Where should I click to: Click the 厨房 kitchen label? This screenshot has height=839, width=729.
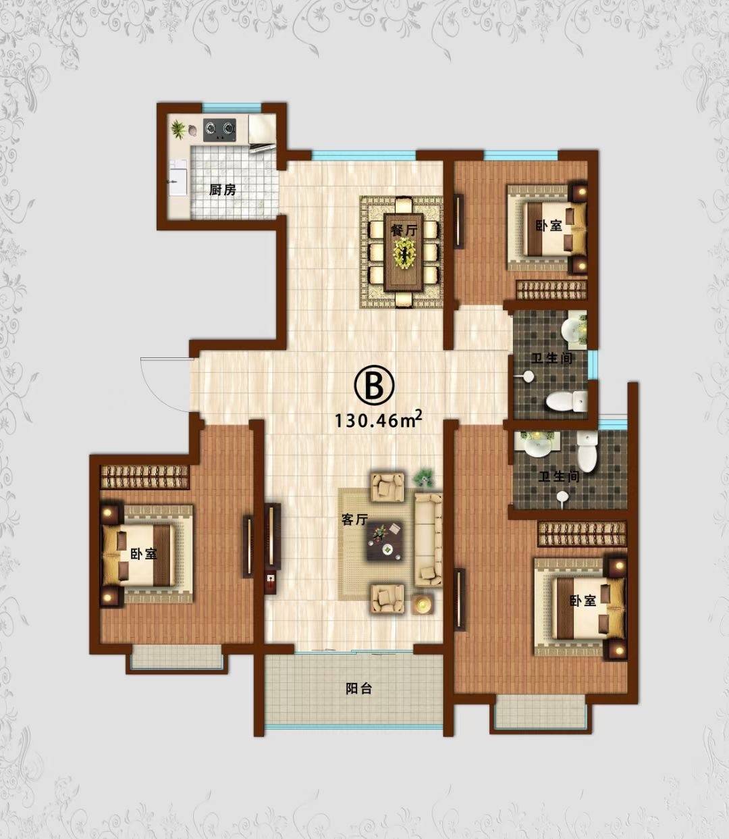coord(223,190)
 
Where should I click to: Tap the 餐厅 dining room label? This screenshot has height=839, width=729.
coord(404,230)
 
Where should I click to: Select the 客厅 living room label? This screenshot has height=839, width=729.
coord(355,519)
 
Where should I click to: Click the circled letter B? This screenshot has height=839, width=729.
coord(374,385)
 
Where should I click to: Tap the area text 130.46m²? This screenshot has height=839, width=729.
coord(378,420)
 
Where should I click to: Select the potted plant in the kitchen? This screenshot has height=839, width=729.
coord(178,129)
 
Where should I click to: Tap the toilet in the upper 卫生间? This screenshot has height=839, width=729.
coord(566,400)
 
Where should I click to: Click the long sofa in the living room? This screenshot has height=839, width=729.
coord(428,540)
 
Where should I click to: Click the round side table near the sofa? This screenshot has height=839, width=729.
coord(422,603)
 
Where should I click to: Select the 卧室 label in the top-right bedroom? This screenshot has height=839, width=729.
coord(549,225)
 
